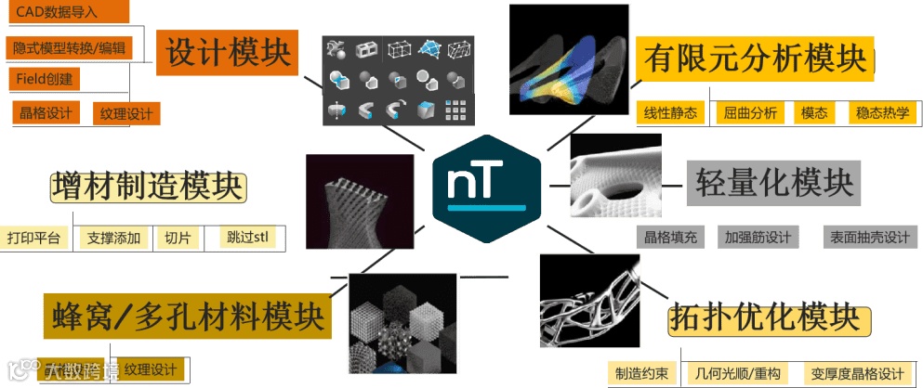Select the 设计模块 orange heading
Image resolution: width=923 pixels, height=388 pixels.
tap(226, 51)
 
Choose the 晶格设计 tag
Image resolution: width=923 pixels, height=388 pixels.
tap(46, 113)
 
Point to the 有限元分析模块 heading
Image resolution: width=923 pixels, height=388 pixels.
tap(755, 60)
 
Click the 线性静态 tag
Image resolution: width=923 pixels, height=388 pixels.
tap(670, 113)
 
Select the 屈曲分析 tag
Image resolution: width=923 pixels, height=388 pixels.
tap(750, 113)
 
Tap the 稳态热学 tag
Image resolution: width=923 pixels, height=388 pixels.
tap(884, 113)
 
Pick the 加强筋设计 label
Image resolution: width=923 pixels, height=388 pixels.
tap(758, 238)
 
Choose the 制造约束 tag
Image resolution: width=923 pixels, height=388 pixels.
tap(639, 374)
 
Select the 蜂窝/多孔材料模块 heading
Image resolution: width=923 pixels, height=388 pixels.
tap(185, 318)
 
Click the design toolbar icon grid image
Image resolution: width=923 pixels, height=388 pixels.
tap(397, 81)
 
